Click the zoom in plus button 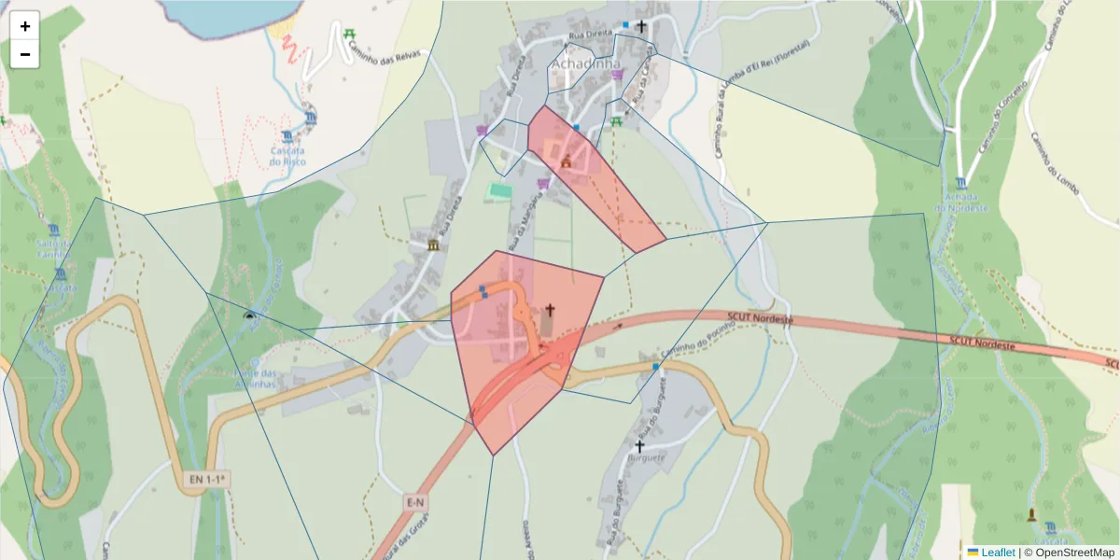[25, 26]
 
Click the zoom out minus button [25, 54]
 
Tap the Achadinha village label [586, 63]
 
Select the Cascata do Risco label [288, 155]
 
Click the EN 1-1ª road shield [209, 480]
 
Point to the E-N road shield [416, 502]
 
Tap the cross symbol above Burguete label [640, 445]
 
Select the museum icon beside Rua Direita [433, 245]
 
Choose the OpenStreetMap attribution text [1069, 553]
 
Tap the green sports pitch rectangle [500, 190]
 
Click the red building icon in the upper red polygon [566, 161]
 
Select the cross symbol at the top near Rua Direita [641, 26]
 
